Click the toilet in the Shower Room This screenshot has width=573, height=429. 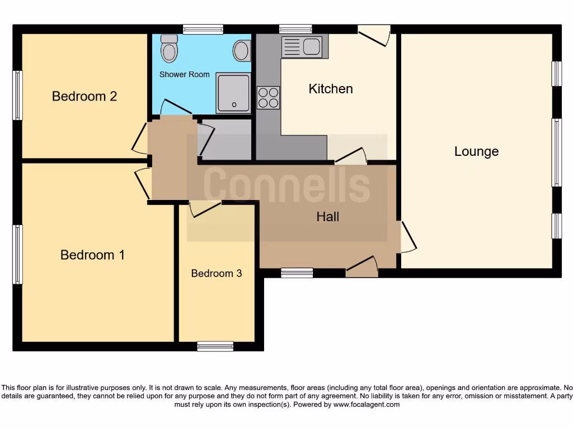point(168,49)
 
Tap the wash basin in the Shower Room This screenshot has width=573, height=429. point(241,51)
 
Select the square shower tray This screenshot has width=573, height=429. point(234,93)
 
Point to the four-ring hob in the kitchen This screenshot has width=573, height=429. point(268,98)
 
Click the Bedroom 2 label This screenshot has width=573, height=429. point(84,96)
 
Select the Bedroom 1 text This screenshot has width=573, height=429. point(92,255)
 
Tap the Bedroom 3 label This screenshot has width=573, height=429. point(217,273)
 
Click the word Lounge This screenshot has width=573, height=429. point(476,151)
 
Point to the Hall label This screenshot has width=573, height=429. point(328,217)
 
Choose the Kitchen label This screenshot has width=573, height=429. point(331,89)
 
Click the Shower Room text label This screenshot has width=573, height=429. point(185,74)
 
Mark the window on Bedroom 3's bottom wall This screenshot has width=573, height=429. point(215,346)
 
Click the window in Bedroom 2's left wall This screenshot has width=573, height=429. point(18,95)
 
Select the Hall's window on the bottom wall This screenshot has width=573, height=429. point(297,273)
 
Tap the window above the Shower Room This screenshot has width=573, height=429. point(203,29)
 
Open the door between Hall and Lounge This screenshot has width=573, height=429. point(407,237)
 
